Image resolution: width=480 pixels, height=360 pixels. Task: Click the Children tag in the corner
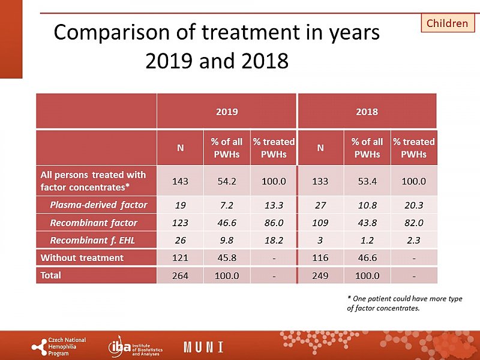coord(447,23)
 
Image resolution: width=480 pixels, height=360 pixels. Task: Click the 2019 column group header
coord(227,112)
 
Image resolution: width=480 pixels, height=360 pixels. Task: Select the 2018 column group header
coord(367,112)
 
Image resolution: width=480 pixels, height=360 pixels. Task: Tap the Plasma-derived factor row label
coord(98,205)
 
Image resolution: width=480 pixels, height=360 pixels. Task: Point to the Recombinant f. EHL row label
coord(94,240)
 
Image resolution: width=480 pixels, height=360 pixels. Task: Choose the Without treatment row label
coord(82,258)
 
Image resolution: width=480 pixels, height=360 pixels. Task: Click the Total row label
coord(50,275)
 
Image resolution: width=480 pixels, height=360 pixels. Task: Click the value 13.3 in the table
coord(274,205)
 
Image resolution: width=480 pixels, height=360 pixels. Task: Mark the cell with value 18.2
coord(274,240)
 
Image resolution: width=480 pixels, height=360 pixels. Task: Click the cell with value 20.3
coord(413,205)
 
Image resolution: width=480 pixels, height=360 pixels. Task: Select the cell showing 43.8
coord(367,223)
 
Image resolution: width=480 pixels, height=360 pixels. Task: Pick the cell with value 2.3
coord(413,240)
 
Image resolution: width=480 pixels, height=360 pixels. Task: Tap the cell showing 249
coord(320,276)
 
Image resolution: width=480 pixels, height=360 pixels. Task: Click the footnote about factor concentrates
coord(404,304)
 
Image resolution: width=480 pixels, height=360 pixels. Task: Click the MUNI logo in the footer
coord(203,347)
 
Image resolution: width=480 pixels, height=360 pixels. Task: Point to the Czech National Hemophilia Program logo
coord(59,347)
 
